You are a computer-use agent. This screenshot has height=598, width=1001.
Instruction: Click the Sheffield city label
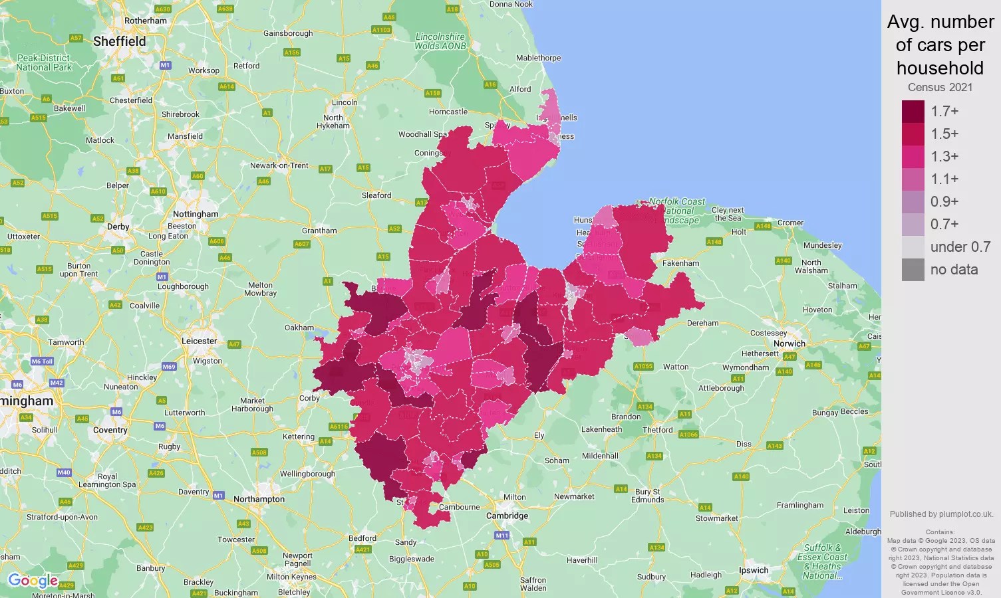pyautogui.click(x=120, y=41)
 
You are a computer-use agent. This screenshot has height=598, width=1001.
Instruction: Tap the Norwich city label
pyautogui.click(x=789, y=344)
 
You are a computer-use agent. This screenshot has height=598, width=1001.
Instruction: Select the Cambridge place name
pyautogui.click(x=507, y=516)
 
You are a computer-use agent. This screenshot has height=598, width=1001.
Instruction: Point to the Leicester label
pyautogui.click(x=200, y=341)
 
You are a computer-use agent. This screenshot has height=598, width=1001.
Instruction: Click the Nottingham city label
pyautogui.click(x=196, y=214)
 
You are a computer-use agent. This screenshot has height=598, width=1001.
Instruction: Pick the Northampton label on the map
pyautogui.click(x=259, y=499)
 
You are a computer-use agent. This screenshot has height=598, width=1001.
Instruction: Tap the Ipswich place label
pyautogui.click(x=754, y=570)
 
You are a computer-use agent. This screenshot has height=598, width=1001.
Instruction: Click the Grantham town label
pyautogui.click(x=319, y=231)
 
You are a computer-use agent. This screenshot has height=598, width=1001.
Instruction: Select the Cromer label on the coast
pyautogui.click(x=791, y=223)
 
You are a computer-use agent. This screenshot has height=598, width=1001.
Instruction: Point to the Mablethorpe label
pyautogui.click(x=539, y=58)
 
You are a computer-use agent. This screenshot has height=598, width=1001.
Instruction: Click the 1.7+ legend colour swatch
pyautogui.click(x=913, y=112)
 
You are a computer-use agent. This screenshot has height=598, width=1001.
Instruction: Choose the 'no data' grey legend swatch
pyautogui.click(x=913, y=270)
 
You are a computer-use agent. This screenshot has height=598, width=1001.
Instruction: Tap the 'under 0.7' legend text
pyautogui.click(x=960, y=247)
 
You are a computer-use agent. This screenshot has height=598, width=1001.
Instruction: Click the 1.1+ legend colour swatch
pyautogui.click(x=913, y=179)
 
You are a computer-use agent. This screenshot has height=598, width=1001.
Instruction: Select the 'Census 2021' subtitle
pyautogui.click(x=940, y=87)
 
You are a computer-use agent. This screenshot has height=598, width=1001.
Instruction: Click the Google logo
pyautogui.click(x=33, y=581)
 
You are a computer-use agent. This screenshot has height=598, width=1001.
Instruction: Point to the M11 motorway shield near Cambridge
pyautogui.click(x=501, y=535)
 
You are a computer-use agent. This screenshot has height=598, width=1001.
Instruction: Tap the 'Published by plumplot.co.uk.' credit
pyautogui.click(x=941, y=514)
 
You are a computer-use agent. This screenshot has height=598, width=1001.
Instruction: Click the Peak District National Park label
pyautogui.click(x=44, y=62)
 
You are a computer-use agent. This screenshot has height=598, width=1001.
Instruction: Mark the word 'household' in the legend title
pyautogui.click(x=940, y=68)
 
